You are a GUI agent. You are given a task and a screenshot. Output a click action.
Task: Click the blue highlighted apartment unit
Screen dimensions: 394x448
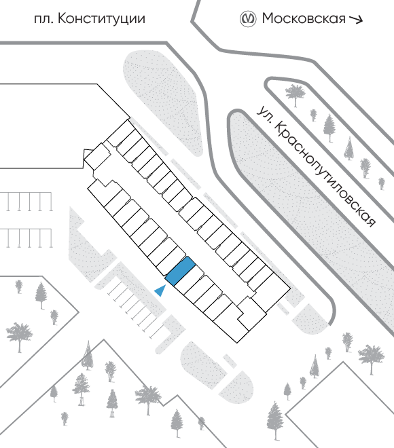pos(181,271)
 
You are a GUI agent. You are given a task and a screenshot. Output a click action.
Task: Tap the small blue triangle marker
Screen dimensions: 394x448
pos(160,291)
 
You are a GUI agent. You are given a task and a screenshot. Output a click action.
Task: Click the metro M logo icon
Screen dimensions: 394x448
pos(247,19)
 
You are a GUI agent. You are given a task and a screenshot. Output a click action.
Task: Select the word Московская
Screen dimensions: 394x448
pos(304,19)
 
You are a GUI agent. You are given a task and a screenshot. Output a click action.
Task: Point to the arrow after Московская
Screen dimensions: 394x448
pos(356,19)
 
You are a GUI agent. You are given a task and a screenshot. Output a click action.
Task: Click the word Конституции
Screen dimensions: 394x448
pos(101,19)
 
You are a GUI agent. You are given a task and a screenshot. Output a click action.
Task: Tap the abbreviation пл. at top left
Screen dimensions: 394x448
pos(44,20)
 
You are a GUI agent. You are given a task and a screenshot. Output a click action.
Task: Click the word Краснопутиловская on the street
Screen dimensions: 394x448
pos(325,174)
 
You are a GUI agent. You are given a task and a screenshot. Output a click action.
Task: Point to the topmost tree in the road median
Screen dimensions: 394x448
pos(295,94)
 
